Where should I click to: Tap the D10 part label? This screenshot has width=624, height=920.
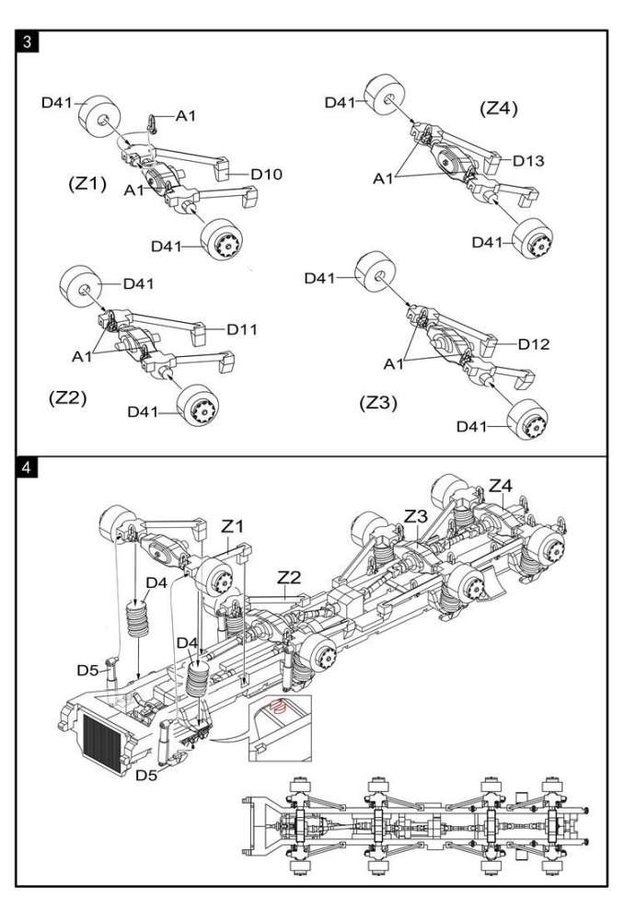click(x=266, y=174)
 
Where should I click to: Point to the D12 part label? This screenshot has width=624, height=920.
click(x=533, y=344)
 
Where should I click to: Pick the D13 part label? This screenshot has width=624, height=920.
click(x=530, y=161)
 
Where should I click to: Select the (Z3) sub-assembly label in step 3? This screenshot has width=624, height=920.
click(x=379, y=402)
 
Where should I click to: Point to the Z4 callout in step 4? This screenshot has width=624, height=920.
click(x=502, y=484)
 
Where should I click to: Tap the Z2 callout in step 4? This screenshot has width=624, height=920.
click(x=290, y=577)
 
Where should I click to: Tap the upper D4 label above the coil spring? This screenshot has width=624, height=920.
click(x=156, y=582)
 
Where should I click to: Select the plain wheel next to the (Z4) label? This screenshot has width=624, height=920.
click(x=387, y=98)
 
